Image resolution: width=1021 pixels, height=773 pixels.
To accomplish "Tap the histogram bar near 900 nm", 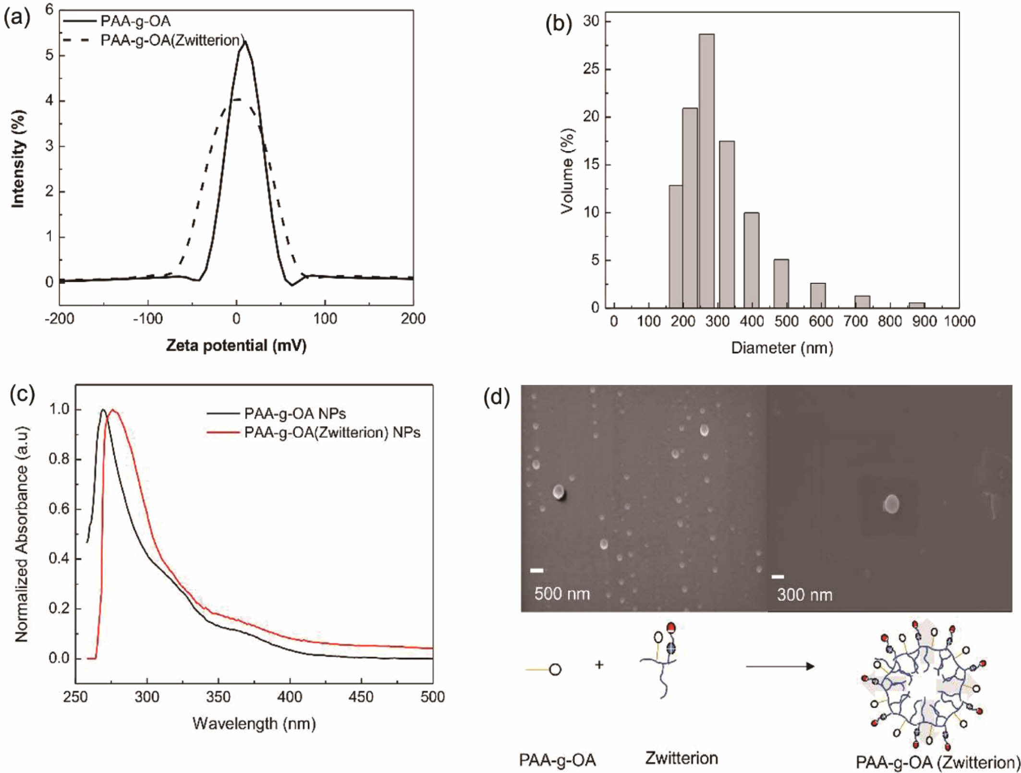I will pyautogui.click(x=917, y=305).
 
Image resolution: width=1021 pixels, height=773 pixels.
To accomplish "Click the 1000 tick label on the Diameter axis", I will pyautogui.click(x=959, y=321).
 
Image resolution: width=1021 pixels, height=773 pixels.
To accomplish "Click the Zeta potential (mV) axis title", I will pyautogui.click(x=236, y=345).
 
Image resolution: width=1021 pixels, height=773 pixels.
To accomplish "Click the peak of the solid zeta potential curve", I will pyautogui.click(x=245, y=42).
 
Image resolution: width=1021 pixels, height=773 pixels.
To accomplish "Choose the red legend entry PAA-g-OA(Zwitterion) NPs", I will pyautogui.click(x=331, y=433).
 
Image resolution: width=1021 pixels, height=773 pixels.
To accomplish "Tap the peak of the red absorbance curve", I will pyautogui.click(x=113, y=410).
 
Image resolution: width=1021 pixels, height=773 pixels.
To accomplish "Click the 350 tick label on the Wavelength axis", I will pyautogui.click(x=218, y=697).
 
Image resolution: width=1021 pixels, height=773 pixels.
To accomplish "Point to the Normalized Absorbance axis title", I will pyautogui.click(x=22, y=534).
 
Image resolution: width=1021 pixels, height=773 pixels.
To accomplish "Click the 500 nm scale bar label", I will pyautogui.click(x=561, y=594).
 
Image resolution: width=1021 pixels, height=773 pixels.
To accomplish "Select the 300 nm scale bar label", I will pyautogui.click(x=804, y=595).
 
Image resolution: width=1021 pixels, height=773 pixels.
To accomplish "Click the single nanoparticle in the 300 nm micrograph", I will pyautogui.click(x=891, y=504).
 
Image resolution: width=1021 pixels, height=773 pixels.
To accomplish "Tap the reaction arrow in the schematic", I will pyautogui.click(x=780, y=666).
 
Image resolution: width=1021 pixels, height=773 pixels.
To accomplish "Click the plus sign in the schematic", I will pyautogui.click(x=599, y=665).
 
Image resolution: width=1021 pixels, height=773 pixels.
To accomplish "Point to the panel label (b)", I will pyautogui.click(x=559, y=24).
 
